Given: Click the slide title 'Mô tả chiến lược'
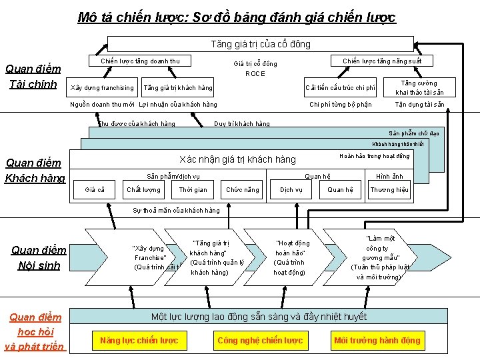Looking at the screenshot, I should (x=237, y=17).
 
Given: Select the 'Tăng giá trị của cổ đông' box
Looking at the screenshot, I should (x=261, y=44).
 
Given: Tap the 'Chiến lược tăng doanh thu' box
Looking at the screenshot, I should (x=140, y=61).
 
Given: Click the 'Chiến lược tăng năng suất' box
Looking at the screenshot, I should (x=382, y=61).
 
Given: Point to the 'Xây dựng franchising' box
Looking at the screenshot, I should (x=102, y=88).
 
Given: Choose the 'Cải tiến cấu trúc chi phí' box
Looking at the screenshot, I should (x=340, y=88).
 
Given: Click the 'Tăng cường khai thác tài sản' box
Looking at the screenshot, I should (x=419, y=88).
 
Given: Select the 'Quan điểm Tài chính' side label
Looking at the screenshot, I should (x=33, y=77).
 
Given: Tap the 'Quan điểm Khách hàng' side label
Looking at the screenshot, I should (x=34, y=171).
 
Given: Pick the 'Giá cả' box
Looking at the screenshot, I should (x=95, y=190).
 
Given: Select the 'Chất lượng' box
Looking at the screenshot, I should (x=143, y=190).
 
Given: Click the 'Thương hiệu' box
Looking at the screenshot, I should (x=389, y=190).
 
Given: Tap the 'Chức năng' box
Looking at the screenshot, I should (x=243, y=190).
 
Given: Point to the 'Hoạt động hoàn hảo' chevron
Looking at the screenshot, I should (x=291, y=257).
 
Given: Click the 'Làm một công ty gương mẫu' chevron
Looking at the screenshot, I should (x=380, y=257).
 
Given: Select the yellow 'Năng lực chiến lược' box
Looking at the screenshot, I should (x=139, y=341).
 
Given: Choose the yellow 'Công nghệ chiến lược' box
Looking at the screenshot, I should (x=260, y=341).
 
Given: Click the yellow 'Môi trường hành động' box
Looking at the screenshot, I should (x=377, y=341).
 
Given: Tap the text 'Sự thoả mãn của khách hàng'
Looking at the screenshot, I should (x=176, y=211).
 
